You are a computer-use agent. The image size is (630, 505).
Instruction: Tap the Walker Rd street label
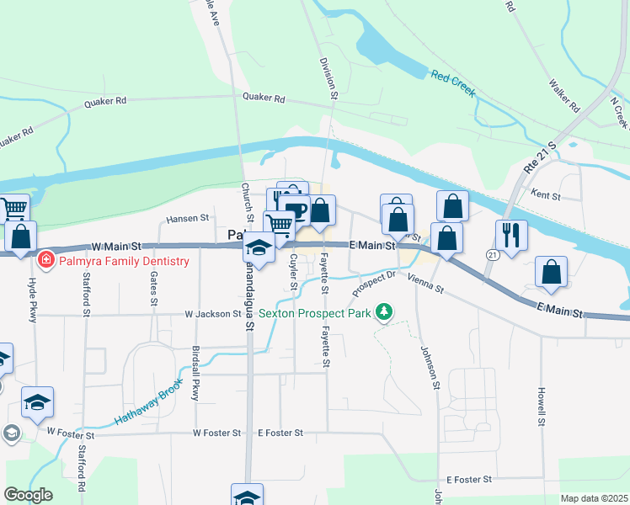coord(564,97)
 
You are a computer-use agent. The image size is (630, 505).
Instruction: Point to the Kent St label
coord(546,195)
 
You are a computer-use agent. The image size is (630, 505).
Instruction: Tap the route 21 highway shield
coord(493,253)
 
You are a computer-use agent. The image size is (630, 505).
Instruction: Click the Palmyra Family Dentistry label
coord(124,261)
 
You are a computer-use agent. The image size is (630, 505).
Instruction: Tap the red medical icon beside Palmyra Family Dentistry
coord(46,260)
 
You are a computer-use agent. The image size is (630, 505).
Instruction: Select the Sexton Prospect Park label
coord(315,313)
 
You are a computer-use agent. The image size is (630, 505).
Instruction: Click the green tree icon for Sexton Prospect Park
coord(384,313)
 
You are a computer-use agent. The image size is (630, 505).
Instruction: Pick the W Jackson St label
coord(213,315)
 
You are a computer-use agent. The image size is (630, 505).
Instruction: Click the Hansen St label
coord(187,218)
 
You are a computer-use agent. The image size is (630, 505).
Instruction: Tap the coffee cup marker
coord(295,210)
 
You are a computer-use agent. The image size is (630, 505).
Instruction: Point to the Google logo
coord(28,495)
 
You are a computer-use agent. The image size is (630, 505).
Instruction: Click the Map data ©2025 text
coord(594,498)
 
